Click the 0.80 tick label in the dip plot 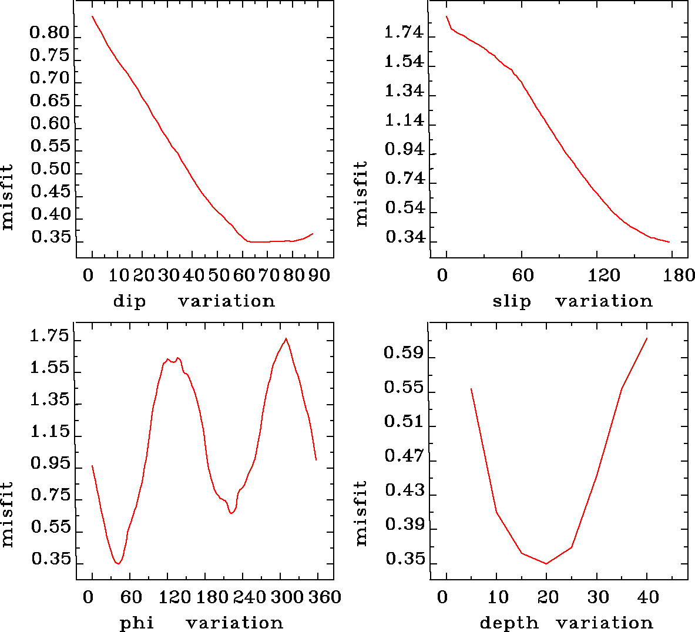(x=50, y=33)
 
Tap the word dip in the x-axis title (x=129, y=301)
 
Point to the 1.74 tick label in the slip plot (x=404, y=33)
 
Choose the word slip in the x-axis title (x=512, y=301)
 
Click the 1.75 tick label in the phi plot (x=50, y=337)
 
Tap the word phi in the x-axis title (x=137, y=623)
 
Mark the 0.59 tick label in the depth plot (x=404, y=353)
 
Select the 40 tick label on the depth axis (x=648, y=597)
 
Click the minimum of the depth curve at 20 (x=546, y=564)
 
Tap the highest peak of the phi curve (x=286, y=338)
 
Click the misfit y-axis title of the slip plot (x=361, y=194)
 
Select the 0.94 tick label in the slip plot (x=404, y=150)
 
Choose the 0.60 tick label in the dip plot (x=50, y=124)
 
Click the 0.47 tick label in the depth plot (x=404, y=456)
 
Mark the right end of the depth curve (x=647, y=338)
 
